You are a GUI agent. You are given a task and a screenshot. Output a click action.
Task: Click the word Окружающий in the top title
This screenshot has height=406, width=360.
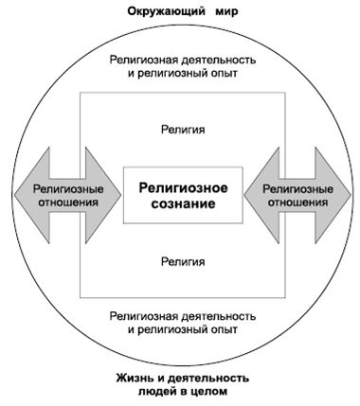pyautogui.click(x=158, y=12)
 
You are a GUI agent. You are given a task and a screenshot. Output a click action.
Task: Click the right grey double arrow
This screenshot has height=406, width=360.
pyautogui.click(x=302, y=196)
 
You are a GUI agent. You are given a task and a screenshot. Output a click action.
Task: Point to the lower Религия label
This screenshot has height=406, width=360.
pyautogui.click(x=182, y=260)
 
